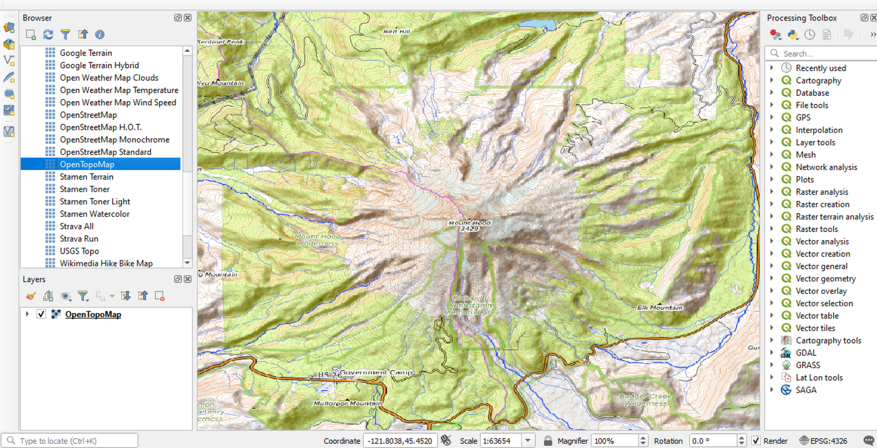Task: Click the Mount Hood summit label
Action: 469,223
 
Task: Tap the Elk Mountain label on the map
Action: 660,307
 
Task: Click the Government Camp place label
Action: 376,373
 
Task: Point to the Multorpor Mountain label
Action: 347,404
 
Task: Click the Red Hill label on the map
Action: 397,32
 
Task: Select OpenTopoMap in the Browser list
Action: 87,165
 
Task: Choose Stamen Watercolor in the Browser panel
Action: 95,214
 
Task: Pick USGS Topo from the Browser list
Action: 80,251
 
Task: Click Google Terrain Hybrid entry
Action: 99,65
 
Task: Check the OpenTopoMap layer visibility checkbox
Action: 41,314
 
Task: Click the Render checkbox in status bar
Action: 756,441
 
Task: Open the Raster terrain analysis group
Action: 834,217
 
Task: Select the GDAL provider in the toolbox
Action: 806,353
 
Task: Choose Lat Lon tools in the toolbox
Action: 819,377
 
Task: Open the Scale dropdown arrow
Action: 528,441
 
